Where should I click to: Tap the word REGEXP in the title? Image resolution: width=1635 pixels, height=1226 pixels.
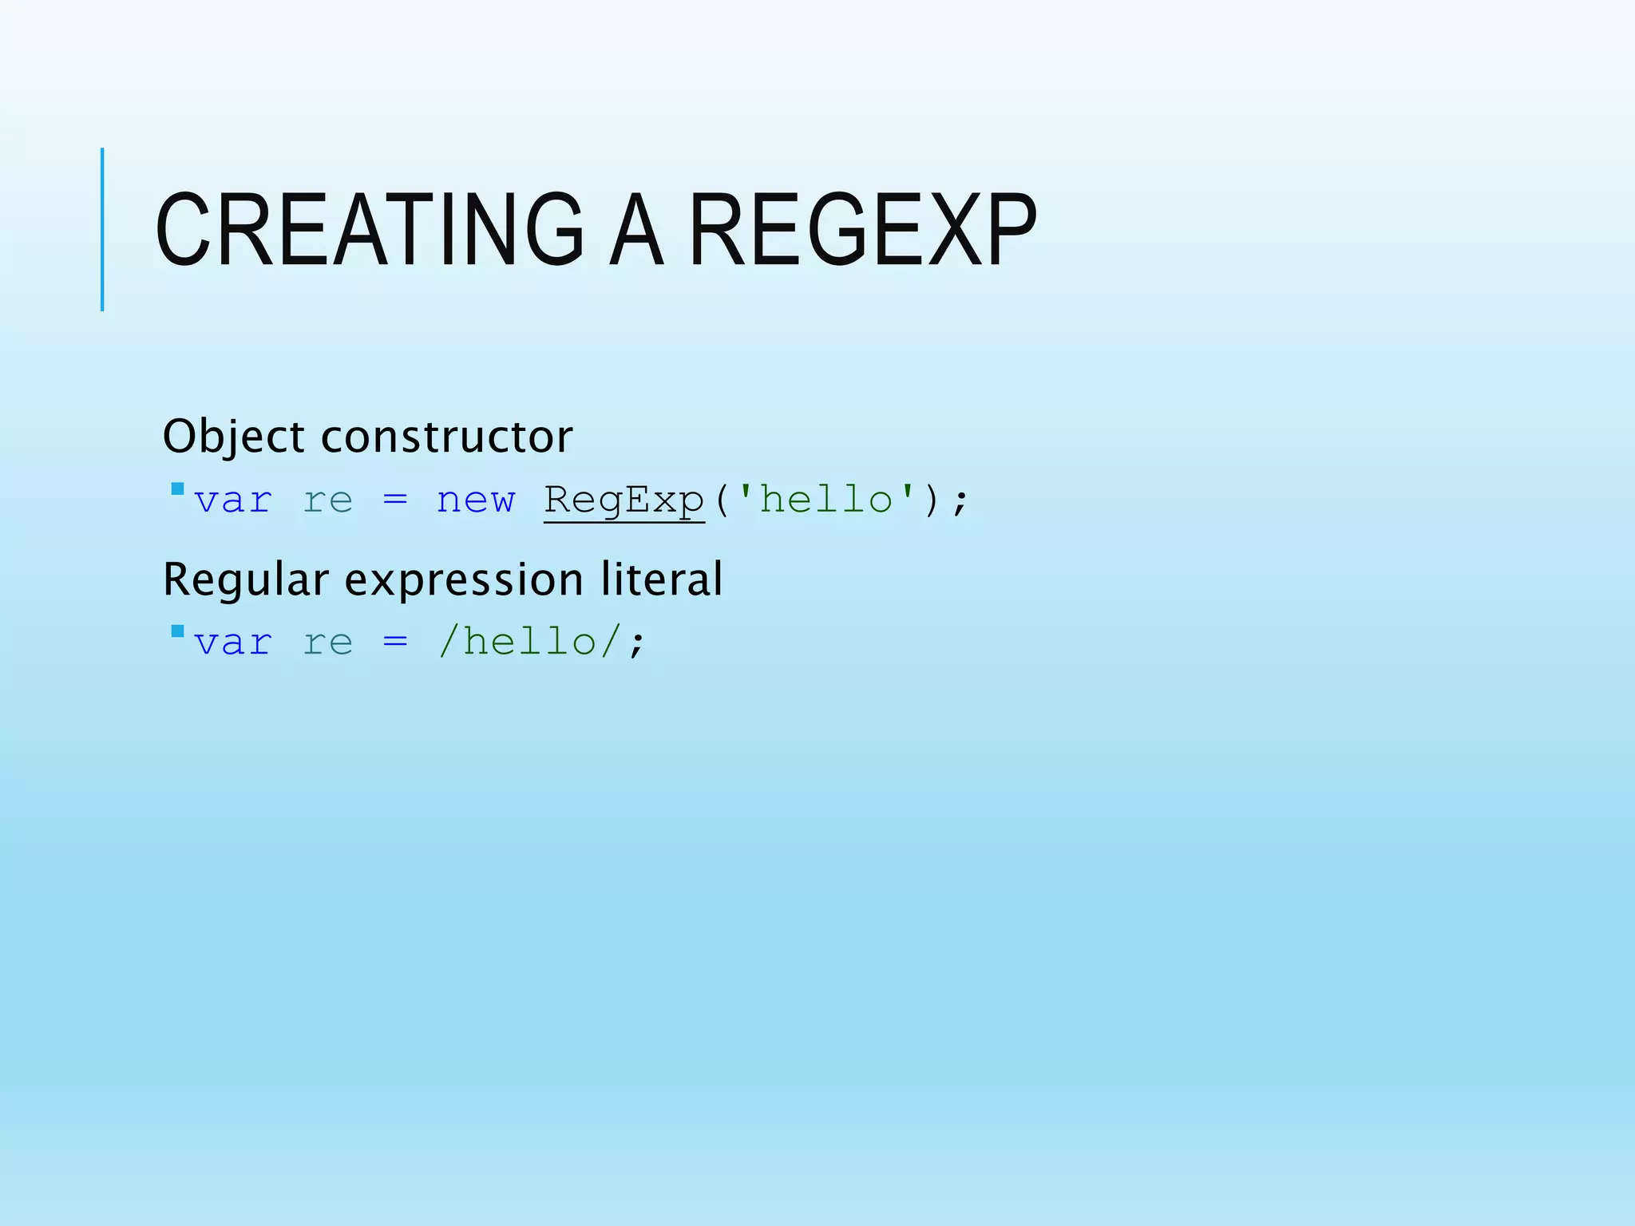pos(862,230)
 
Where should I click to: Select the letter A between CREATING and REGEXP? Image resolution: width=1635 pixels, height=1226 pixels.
pos(635,230)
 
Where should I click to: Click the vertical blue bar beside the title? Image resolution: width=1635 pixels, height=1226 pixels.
pos(102,230)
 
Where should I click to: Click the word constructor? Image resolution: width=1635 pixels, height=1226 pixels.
pos(447,437)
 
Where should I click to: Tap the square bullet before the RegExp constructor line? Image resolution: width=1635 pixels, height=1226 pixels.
pos(177,488)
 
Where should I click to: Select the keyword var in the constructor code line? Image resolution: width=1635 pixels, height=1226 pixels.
pos(233,501)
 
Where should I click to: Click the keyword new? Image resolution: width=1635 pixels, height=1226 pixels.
pos(476,501)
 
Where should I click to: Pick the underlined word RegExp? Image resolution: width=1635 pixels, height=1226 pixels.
pos(624,501)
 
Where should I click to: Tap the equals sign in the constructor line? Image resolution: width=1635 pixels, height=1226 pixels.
pos(395,501)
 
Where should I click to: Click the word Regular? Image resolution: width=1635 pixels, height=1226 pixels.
pos(246,579)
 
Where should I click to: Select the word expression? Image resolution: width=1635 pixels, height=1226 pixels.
pos(463,581)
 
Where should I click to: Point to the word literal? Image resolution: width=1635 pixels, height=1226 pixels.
pos(662,579)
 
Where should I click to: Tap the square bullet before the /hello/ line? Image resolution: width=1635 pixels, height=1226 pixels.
pos(177,631)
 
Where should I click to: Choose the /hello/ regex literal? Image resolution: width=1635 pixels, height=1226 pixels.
pos(530,642)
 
